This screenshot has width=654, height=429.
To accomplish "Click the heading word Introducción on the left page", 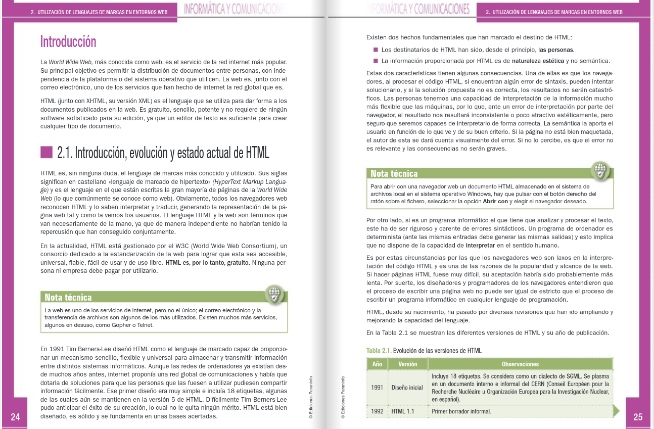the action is pos(68,41).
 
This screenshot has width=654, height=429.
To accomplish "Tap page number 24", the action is pos(15,417).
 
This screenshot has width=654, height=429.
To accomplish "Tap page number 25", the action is pos(638,417).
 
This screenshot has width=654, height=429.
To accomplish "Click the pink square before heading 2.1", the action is pos(46,152).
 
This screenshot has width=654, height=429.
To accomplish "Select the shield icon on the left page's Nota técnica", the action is pos(274,294).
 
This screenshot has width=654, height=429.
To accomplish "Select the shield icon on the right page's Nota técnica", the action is pos(600,170).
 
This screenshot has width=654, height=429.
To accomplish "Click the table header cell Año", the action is pos(377,364).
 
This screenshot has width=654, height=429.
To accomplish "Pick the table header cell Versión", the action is pos(407,364).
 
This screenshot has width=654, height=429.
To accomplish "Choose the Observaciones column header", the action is pos(520,364).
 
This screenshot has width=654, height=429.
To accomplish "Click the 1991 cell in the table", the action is pos(377,388).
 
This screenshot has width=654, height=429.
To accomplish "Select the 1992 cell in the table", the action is pos(377,411).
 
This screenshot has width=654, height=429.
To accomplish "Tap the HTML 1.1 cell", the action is pos(403,411).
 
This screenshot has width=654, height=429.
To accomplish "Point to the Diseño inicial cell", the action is pos(407,388).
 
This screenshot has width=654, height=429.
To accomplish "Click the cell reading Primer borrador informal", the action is pos(461,411).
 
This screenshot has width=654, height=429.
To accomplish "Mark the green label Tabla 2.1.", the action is pos(379,351).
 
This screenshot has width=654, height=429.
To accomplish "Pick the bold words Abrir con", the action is pos(496,201).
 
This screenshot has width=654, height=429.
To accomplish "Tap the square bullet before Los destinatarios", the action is pos(376,50).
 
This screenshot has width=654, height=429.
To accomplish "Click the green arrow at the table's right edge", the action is pos(616,411).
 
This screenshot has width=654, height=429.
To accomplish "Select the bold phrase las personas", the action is pos(556,50).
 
